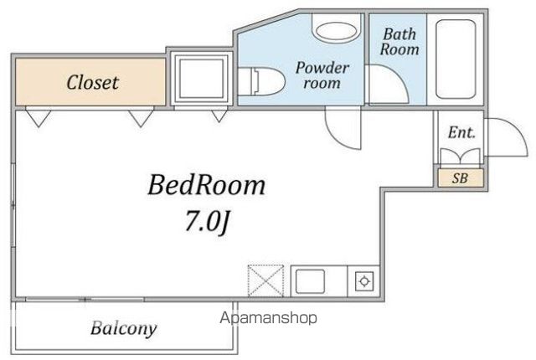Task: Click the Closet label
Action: click(93, 82)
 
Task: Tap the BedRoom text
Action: click(207, 185)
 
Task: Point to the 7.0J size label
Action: click(207, 221)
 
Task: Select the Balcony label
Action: click(124, 328)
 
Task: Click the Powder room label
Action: click(322, 75)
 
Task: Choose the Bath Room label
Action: click(399, 42)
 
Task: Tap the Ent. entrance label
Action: click(461, 132)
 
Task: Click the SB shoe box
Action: click(461, 178)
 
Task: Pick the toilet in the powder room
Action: click(261, 81)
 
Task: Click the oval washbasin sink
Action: click(337, 31)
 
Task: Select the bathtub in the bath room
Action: click(456, 59)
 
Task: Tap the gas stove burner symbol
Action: click(364, 281)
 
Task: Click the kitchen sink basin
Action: click(310, 281)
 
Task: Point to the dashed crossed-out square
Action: click(265, 280)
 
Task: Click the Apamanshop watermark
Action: click(268, 318)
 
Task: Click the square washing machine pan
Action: click(202, 79)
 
